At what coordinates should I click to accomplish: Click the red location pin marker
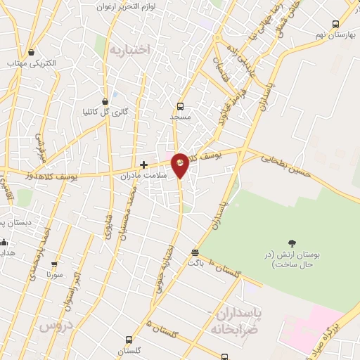tap(181, 165)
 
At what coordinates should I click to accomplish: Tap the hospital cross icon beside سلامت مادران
tap(144, 165)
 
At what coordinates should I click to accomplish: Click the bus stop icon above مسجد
tap(180, 107)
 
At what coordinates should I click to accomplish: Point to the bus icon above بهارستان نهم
tap(336, 22)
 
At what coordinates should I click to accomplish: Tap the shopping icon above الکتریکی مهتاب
tap(31, 53)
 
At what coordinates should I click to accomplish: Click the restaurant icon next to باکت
tap(195, 252)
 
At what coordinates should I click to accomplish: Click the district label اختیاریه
tap(130, 49)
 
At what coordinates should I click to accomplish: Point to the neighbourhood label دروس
tap(56, 326)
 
